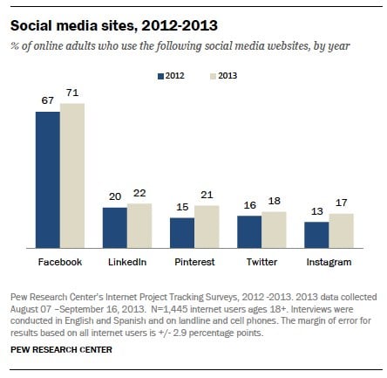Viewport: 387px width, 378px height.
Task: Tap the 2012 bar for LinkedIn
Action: point(115,229)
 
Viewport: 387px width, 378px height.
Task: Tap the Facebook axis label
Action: point(60,261)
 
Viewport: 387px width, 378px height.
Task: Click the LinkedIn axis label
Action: point(127,261)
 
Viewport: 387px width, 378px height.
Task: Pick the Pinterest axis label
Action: point(194,261)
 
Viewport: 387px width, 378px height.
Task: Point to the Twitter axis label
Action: point(261,261)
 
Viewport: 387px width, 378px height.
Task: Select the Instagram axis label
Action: point(329,261)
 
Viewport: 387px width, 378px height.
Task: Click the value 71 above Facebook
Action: point(72,93)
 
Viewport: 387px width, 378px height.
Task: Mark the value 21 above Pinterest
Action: point(206,193)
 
